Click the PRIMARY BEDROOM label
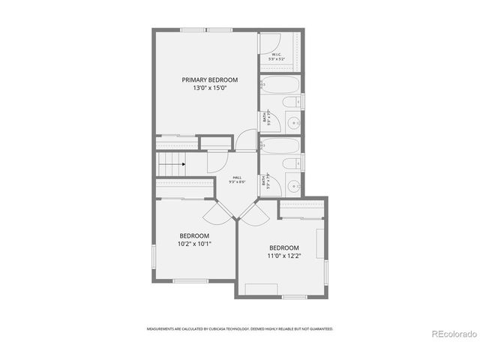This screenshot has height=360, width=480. click(210, 79)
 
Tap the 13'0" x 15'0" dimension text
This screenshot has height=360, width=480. click(210, 88)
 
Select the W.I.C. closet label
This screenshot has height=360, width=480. click(276, 55)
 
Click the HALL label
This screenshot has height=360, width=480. click(236, 178)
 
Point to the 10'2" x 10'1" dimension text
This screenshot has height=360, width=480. click(194, 244)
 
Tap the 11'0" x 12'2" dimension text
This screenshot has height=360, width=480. click(283, 256)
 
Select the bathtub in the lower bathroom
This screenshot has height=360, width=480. click(280, 146)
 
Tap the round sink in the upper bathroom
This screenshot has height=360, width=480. click(295, 122)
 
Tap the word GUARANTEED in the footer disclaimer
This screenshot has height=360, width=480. click(320, 328)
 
